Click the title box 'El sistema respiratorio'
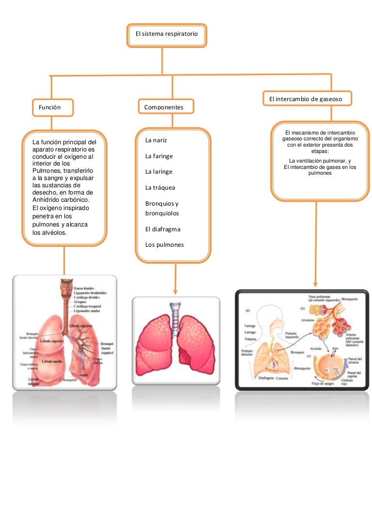tap(167, 35)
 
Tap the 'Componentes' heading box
tap(164, 107)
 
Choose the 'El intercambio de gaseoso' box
tap(306, 99)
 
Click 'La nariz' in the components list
tap(156, 140)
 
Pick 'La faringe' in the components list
tap(159, 156)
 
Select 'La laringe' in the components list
tap(159, 172)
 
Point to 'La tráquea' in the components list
tap(160, 187)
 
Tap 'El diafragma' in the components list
tap(163, 229)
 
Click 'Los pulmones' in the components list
tap(165, 245)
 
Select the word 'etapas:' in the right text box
tap(320, 151)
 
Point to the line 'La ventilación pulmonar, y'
tap(320, 161)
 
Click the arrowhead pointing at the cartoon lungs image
tap(175, 291)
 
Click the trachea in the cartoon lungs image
tap(175, 313)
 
